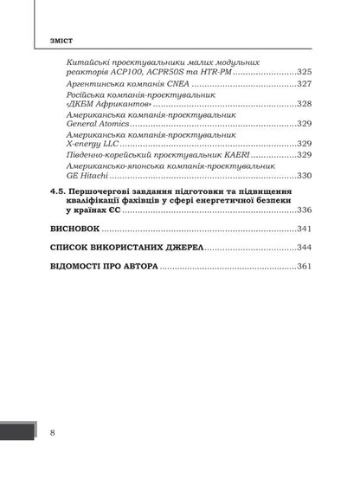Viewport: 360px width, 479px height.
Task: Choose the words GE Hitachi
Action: point(87,175)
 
